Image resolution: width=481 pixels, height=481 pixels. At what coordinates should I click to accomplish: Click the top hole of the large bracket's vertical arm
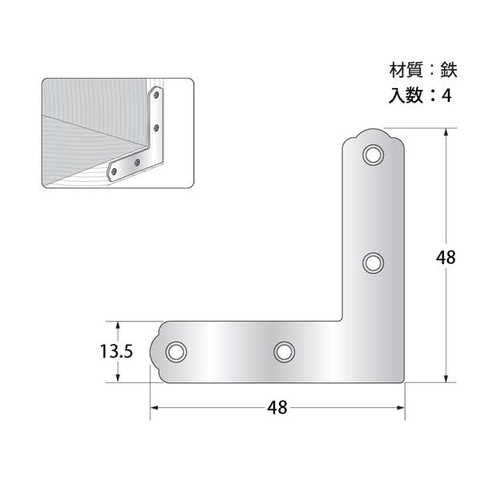[x=373, y=155]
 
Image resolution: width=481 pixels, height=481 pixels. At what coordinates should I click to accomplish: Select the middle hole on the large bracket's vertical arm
[x=373, y=263]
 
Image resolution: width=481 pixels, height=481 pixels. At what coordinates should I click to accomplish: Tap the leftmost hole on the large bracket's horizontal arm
[x=176, y=352]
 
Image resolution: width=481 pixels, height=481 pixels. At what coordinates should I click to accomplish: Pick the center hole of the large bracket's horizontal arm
[x=285, y=352]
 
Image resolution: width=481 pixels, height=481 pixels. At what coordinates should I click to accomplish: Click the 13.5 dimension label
[x=116, y=352]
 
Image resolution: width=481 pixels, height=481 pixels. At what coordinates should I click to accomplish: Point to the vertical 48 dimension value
[x=446, y=257]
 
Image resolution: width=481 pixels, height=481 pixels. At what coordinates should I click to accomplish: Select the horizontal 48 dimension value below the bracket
[x=277, y=408]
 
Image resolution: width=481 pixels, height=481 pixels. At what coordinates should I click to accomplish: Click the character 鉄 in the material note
[x=449, y=71]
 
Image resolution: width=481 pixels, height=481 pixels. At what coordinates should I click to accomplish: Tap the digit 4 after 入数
[x=447, y=95]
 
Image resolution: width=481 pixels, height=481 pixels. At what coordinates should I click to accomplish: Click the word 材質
[x=406, y=71]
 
